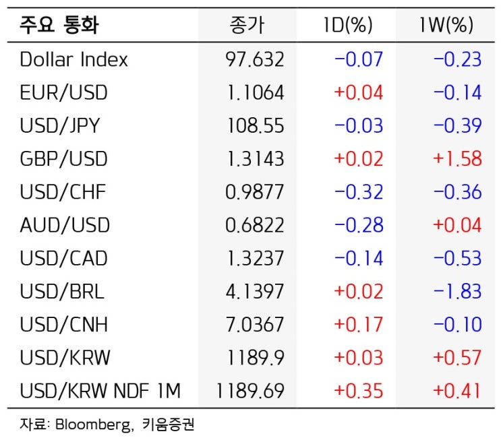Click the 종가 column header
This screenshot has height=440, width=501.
(247, 25)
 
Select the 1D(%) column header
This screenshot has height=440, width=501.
(348, 25)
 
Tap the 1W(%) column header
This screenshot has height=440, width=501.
(446, 25)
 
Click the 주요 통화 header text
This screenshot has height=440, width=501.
(59, 25)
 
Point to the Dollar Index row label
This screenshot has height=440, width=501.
(73, 59)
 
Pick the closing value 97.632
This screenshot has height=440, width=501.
(255, 59)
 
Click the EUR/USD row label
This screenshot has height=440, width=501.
(63, 92)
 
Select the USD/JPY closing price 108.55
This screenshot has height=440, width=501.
(256, 125)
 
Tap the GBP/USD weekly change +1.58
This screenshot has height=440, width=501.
(457, 159)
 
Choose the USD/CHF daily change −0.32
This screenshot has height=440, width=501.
(359, 192)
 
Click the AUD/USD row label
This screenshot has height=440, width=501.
(65, 225)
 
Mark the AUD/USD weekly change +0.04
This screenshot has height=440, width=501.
(457, 225)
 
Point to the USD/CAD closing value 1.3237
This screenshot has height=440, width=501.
(256, 258)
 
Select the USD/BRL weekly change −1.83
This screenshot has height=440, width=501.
(457, 291)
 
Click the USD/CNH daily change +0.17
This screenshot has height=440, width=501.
(359, 324)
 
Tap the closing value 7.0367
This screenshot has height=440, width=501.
(255, 324)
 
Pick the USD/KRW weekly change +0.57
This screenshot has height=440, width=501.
(457, 358)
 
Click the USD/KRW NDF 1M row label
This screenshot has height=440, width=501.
(100, 391)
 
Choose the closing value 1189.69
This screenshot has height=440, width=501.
(250, 391)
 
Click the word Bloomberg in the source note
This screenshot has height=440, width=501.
(94, 425)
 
